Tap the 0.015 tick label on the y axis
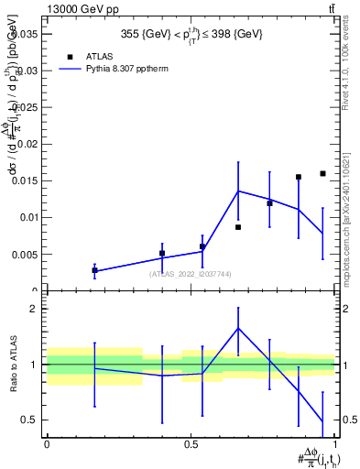tap(25, 180)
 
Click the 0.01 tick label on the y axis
tap(27, 217)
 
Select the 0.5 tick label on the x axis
tap(191, 443)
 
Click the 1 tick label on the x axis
tap(334, 443)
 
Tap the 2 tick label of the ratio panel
tap(34, 309)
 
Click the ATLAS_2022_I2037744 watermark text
tap(191, 273)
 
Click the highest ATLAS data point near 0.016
tap(322, 173)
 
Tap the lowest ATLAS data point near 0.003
tap(94, 270)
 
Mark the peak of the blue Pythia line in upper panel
tap(238, 191)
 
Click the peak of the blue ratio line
tap(238, 328)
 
